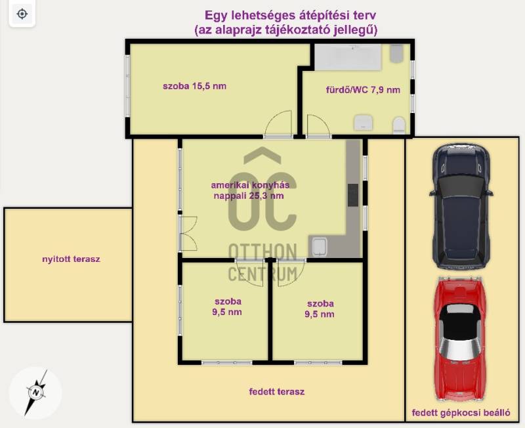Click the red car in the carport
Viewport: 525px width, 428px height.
coord(459,339)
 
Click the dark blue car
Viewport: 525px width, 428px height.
coord(461,206)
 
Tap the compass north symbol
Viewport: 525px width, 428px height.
coord(36,393)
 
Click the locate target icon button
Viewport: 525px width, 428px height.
coord(22,14)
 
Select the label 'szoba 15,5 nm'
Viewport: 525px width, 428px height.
coord(194,86)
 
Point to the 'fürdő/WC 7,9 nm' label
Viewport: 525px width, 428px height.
coord(363,90)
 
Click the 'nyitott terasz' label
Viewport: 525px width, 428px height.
coord(71,259)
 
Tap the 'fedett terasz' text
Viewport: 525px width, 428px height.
coord(276,391)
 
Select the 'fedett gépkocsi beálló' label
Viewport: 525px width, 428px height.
coord(461,413)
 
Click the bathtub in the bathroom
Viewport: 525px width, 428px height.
coord(348,57)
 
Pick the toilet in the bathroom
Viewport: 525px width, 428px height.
coord(399,125)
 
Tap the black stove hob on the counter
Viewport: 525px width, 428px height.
coord(353,195)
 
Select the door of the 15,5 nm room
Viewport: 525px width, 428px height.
coord(278,124)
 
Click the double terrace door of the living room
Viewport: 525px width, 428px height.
coord(188,234)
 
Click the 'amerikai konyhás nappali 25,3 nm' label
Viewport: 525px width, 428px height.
coord(250,190)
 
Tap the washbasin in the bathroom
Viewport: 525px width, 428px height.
coord(364,123)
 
